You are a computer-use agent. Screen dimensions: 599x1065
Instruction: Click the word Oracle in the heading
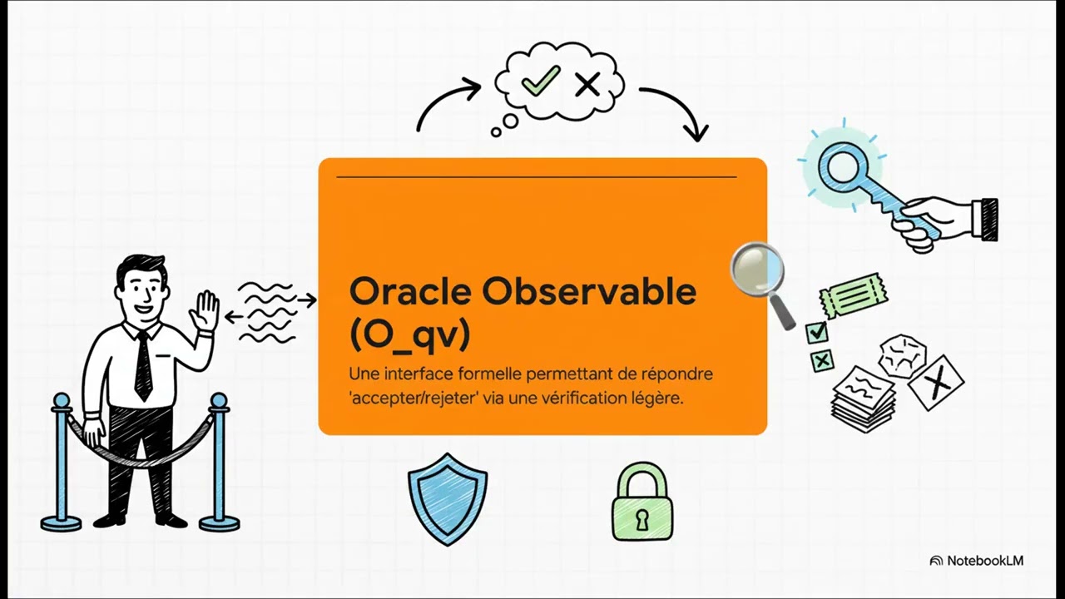coord(409,292)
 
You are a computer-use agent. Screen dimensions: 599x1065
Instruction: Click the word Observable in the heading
coord(589,292)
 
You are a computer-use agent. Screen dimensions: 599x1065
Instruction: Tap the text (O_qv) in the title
coord(409,334)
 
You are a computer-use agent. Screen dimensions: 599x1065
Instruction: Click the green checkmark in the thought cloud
coord(540,81)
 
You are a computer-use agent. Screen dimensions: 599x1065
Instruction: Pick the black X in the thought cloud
coord(587,84)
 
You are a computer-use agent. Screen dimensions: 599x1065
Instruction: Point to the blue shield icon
coord(448,498)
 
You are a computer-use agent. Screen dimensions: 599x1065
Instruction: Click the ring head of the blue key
coord(842,162)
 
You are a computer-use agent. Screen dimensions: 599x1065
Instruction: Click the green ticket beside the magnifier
coord(853,293)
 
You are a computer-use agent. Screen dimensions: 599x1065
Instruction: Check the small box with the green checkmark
coord(817,333)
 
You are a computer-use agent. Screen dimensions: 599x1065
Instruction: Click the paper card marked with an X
coord(937,383)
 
